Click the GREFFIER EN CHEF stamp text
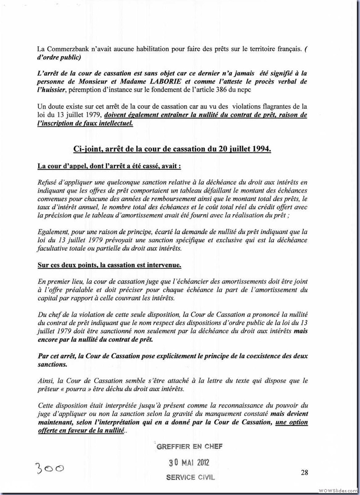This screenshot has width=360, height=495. (x=189, y=446)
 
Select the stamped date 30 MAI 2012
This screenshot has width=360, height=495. (x=189, y=462)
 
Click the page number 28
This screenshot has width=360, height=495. (x=304, y=472)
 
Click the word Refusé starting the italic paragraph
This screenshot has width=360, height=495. (x=49, y=182)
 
